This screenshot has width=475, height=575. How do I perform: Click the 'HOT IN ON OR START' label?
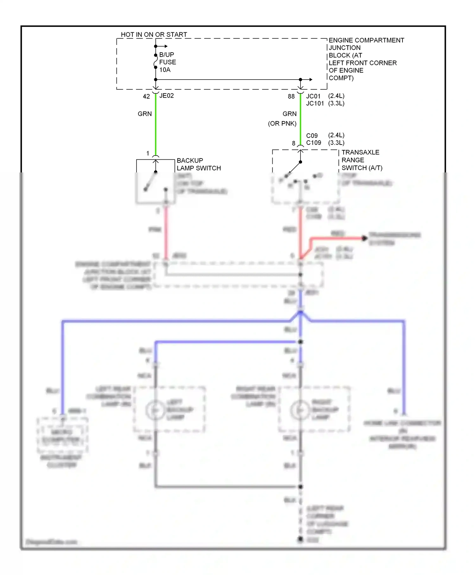coord(154,34)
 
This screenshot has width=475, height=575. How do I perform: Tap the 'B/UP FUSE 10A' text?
coord(167,62)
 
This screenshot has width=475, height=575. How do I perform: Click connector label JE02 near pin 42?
coord(167,96)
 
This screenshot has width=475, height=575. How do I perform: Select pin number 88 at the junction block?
coord(291,96)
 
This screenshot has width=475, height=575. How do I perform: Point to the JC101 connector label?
coord(315,103)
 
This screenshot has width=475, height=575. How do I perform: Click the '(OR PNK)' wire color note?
coord(282,123)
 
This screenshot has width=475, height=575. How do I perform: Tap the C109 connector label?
coord(313,143)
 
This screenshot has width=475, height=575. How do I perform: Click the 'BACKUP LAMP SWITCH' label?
coord(199,164)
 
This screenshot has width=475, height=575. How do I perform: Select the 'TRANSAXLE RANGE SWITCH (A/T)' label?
coord(362,160)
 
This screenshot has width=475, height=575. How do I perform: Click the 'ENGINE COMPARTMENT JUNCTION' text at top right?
coord(366,44)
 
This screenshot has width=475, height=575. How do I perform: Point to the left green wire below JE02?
coord(155,127)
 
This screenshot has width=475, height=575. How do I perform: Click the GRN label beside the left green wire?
coord(145,114)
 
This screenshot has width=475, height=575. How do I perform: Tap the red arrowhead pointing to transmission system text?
coord(364,238)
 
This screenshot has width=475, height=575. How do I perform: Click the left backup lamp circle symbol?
coord(155,410)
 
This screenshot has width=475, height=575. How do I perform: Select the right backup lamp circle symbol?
coord(300,410)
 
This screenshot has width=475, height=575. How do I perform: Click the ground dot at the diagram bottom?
coord(301,539)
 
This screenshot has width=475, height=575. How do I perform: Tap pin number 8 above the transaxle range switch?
coord(294,143)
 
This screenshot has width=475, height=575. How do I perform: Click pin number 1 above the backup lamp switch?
coord(148,153)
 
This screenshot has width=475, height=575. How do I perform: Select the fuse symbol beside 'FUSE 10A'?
coord(155,61)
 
